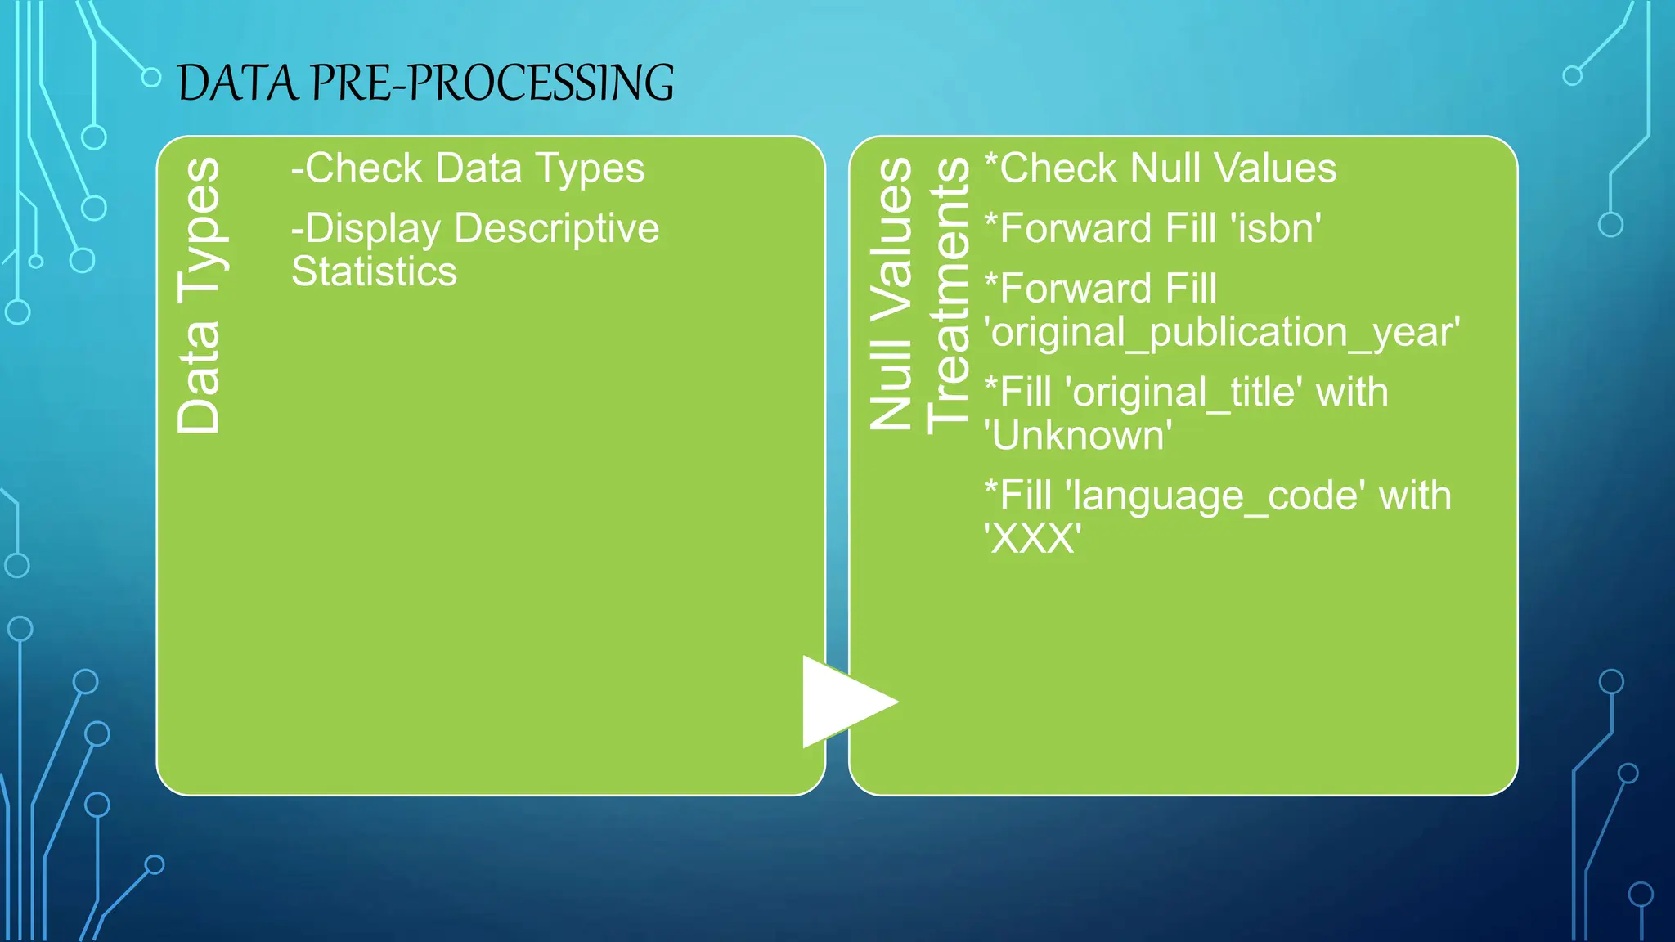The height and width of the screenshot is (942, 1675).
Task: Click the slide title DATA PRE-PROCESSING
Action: coord(425,83)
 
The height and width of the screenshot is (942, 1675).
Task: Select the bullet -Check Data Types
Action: coord(468,168)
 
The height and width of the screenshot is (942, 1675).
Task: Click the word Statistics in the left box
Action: coord(374,271)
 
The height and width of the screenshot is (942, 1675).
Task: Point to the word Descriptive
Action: coord(556,228)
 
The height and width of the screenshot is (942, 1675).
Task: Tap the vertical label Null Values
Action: coord(891,294)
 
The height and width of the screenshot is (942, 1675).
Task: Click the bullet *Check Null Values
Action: coord(1161,168)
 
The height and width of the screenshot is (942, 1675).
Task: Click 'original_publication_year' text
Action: coord(1222,333)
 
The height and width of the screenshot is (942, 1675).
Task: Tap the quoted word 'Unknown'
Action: coord(1077,436)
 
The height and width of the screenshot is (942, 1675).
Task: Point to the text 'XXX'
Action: coord(1032,539)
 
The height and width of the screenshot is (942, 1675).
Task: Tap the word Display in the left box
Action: coord(372,229)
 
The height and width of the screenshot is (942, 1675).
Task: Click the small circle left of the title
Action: coord(151,78)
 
